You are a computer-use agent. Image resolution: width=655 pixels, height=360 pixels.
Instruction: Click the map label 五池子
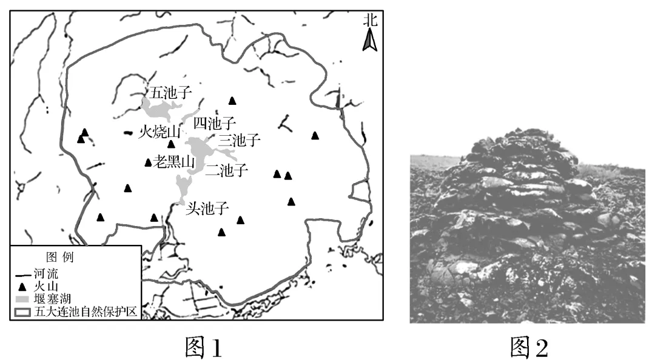pos(171,93)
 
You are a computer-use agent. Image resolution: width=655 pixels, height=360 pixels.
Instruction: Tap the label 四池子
pos(213,124)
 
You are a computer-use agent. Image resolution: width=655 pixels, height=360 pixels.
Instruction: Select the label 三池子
pos(240,141)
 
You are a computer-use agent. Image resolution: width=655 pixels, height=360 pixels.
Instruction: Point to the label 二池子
pos(227,170)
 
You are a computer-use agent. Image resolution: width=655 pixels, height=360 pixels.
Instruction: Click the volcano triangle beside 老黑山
pos(148,162)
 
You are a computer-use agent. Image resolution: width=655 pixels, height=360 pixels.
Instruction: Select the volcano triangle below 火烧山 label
pos(172,144)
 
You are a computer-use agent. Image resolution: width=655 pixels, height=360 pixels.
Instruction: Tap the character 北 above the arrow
pos(370,20)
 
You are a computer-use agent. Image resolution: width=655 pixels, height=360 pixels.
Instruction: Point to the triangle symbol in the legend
pos(22,287)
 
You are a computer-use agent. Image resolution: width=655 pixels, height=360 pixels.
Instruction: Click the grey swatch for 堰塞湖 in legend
pos(22,299)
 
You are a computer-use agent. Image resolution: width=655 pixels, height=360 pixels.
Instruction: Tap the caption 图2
pos(529,347)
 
